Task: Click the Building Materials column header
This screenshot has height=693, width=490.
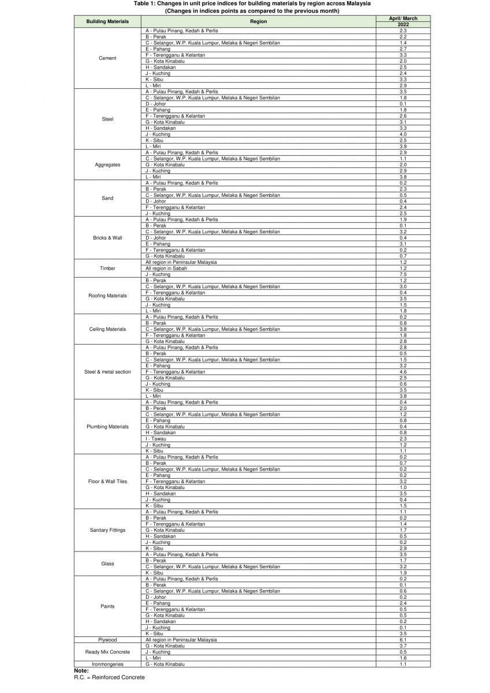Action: click(107, 21)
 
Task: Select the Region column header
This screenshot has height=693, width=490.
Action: click(258, 21)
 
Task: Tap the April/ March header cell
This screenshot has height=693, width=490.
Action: click(403, 18)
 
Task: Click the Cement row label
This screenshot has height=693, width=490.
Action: click(107, 58)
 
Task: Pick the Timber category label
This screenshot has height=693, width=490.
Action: click(107, 269)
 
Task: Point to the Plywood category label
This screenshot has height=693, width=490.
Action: click(107, 640)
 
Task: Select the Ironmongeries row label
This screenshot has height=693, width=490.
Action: click(107, 664)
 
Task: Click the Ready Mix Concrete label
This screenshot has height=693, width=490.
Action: click(107, 652)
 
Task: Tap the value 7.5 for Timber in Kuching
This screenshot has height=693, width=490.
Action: click(403, 274)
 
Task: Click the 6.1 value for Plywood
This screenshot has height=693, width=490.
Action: click(403, 640)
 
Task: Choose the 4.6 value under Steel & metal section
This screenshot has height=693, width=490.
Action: click(403, 372)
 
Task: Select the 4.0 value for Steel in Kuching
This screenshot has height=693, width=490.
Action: click(403, 135)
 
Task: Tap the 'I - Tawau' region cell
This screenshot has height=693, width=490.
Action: click(156, 439)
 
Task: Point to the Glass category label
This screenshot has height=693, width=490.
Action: click(107, 564)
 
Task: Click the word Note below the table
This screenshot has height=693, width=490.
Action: click(81, 670)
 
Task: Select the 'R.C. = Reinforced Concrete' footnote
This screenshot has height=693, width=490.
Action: click(109, 677)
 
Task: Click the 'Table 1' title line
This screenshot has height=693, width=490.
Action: click(252, 3)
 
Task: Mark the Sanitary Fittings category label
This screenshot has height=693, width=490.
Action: click(107, 530)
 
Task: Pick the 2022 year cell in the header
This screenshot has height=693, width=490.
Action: click(403, 25)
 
